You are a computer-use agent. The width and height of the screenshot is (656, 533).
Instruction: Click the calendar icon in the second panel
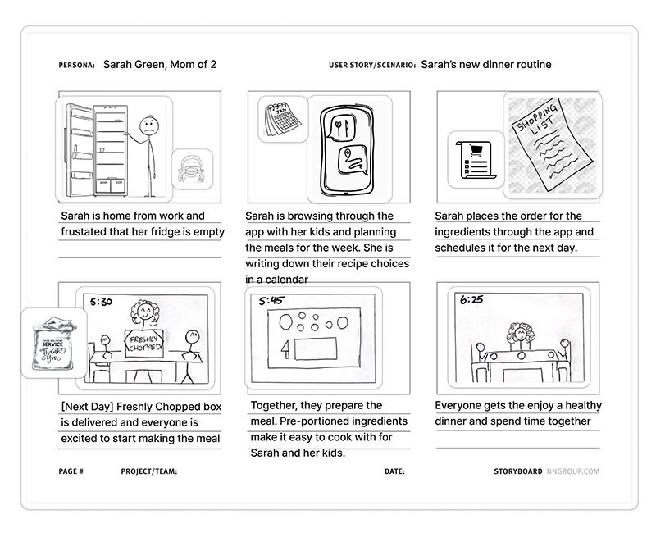click(x=281, y=120)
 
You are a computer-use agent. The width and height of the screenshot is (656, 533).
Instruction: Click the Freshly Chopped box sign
click(x=144, y=341)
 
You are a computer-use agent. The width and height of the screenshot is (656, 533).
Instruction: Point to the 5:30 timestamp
click(x=101, y=301)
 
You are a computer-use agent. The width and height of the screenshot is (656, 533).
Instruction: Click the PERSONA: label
click(x=77, y=65)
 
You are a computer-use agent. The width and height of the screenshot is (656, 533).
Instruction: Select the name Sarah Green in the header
click(x=132, y=65)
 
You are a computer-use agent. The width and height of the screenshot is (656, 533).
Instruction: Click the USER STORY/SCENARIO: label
click(x=371, y=65)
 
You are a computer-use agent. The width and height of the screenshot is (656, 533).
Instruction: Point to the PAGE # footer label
click(x=71, y=471)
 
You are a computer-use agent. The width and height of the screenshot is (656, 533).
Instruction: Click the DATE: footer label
click(x=394, y=471)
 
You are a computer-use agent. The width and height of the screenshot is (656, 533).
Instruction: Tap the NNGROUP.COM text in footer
click(x=573, y=471)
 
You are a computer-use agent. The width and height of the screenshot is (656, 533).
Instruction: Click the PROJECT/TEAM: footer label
click(x=148, y=471)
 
